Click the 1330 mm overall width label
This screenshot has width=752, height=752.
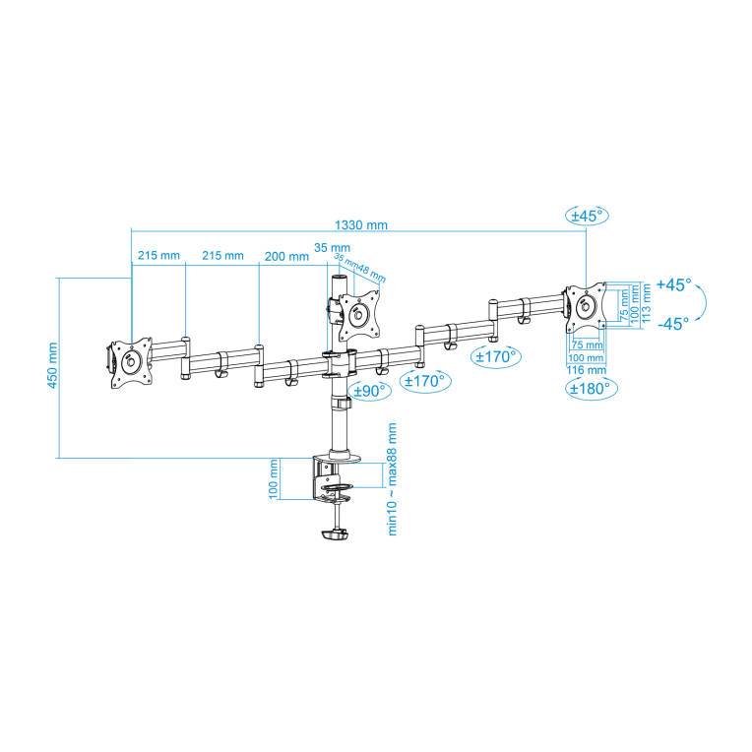361,224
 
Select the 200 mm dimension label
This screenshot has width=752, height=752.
286,256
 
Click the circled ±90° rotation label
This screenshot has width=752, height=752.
370,390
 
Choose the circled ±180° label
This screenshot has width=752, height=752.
591,388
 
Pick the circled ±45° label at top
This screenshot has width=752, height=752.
588,215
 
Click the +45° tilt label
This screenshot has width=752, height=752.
673,284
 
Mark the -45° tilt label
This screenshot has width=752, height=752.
673,323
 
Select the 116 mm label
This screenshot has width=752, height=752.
586,369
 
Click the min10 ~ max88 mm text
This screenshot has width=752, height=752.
392,477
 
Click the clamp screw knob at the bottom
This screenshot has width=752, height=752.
335,535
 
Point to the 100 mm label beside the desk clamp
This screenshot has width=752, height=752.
274,478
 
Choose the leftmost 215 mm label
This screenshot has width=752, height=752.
157,256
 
